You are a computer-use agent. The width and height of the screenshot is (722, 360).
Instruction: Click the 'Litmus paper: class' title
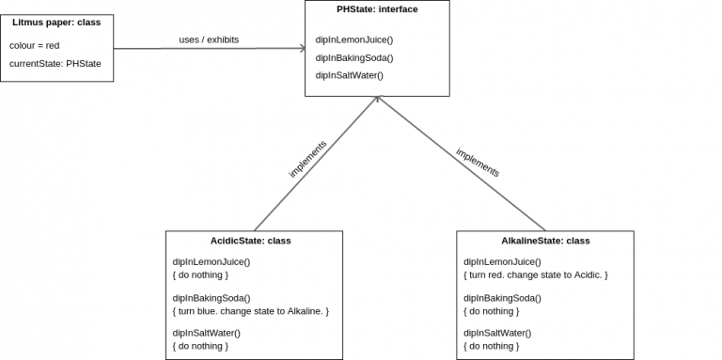click(x=56, y=22)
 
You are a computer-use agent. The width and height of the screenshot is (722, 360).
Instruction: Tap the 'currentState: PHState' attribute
click(x=55, y=63)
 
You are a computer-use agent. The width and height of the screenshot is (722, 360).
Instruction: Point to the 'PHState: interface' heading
click(x=377, y=9)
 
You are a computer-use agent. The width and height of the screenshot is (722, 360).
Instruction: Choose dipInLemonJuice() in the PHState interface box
click(x=354, y=39)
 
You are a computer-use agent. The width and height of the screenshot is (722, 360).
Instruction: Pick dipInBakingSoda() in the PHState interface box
click(x=354, y=57)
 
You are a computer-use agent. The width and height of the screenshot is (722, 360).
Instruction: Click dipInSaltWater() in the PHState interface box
click(x=350, y=75)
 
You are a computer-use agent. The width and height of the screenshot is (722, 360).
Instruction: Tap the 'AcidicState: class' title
click(x=250, y=241)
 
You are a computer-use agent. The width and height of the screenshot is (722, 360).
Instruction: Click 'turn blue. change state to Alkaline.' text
click(x=251, y=310)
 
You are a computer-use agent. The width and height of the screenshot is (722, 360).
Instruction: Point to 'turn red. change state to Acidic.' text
click(x=536, y=274)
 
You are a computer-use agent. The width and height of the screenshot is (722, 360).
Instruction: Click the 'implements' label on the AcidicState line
click(x=307, y=159)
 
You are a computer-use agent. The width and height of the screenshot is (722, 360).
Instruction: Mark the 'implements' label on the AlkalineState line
click(x=478, y=163)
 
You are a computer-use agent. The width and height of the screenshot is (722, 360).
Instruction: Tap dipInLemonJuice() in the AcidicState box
click(x=212, y=262)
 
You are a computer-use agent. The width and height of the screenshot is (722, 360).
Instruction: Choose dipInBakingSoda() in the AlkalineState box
click(x=503, y=297)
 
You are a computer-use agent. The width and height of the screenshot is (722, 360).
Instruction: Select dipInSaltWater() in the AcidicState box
click(x=207, y=333)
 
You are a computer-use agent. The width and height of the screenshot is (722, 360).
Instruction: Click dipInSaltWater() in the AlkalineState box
click(x=497, y=333)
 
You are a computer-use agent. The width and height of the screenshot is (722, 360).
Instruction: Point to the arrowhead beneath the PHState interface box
click(x=378, y=99)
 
